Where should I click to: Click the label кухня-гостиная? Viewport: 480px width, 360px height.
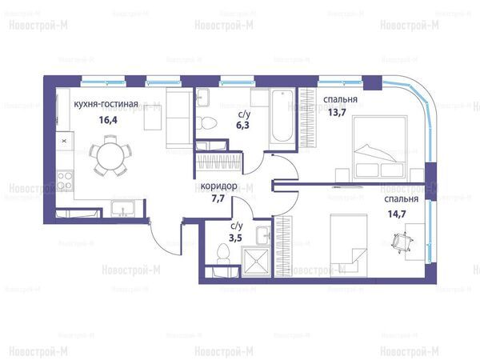106,104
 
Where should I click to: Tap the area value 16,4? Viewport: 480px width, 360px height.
108,120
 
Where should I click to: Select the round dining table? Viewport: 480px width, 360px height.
110,156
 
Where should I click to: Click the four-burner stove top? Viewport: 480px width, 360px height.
65,181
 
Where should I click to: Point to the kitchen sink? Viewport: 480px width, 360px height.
122,209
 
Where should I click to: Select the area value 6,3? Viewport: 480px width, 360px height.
242,126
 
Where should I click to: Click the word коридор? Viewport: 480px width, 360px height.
219,186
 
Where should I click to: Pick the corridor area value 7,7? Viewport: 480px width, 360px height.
218,198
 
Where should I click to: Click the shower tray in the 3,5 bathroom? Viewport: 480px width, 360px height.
256,262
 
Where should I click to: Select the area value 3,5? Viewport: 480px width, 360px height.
235,238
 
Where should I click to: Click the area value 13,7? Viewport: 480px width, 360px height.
337,113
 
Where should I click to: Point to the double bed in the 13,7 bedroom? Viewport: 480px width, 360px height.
380,147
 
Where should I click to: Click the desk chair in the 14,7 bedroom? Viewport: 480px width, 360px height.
402,242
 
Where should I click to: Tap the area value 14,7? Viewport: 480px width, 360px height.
397,214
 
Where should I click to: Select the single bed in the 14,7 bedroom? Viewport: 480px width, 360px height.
349,245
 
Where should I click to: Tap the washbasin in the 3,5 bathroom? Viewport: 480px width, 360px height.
263,235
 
